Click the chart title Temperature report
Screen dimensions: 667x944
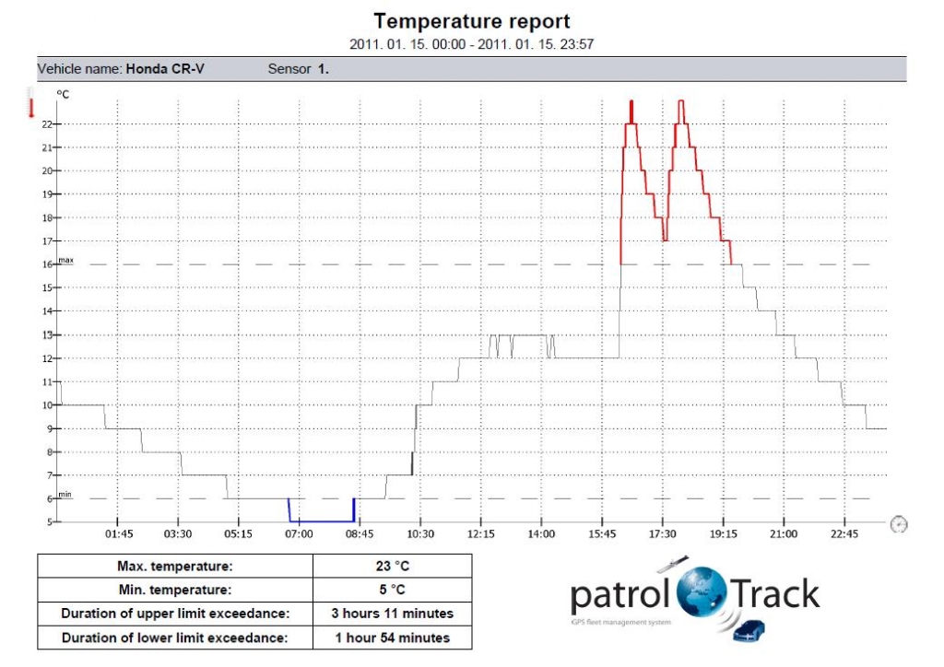pyautogui.click(x=471, y=21)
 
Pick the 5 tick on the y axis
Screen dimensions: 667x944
pyautogui.click(x=49, y=521)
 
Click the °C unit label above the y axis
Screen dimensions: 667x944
pyautogui.click(x=63, y=94)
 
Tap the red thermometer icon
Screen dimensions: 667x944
pyautogui.click(x=30, y=103)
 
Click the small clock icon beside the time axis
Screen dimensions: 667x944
pyautogui.click(x=899, y=523)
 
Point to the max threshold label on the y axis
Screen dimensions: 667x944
pyautogui.click(x=65, y=261)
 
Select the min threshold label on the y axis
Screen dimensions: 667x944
pyautogui.click(x=65, y=495)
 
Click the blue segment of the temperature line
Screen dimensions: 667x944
pyautogui.click(x=322, y=521)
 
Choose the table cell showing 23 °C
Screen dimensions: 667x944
pyautogui.click(x=392, y=566)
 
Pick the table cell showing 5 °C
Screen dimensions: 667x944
pyautogui.click(x=392, y=590)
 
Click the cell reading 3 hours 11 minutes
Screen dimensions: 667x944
pyautogui.click(x=392, y=614)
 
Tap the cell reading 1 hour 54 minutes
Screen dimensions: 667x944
pyautogui.click(x=392, y=638)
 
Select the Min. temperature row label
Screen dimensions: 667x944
pyautogui.click(x=175, y=590)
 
